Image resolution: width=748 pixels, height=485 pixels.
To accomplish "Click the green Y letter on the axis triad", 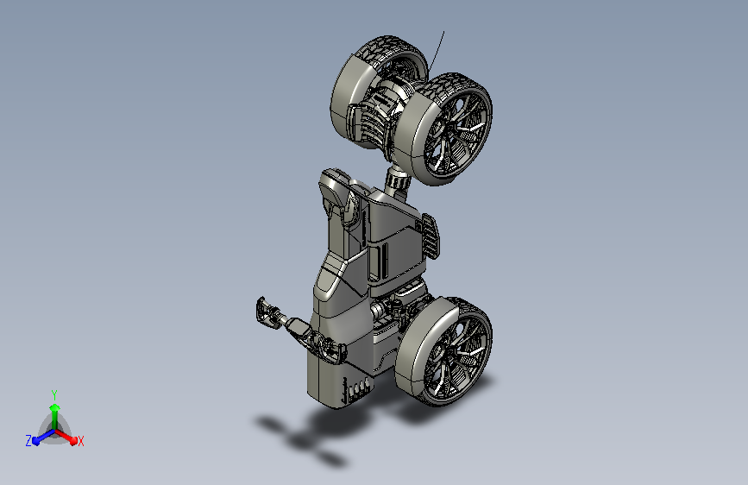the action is click(x=54, y=394).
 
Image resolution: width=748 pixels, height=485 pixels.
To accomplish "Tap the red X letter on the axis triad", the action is click(x=80, y=441).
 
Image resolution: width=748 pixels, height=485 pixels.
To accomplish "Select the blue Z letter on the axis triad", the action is click(x=28, y=441).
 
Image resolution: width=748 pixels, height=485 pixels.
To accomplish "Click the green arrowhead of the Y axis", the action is click(x=55, y=407).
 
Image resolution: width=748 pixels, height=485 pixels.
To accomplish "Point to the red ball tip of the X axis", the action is click(x=73, y=440).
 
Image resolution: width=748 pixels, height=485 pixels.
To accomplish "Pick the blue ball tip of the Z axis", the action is click(x=35, y=441).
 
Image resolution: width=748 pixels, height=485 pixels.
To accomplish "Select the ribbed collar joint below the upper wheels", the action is click(x=398, y=181).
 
